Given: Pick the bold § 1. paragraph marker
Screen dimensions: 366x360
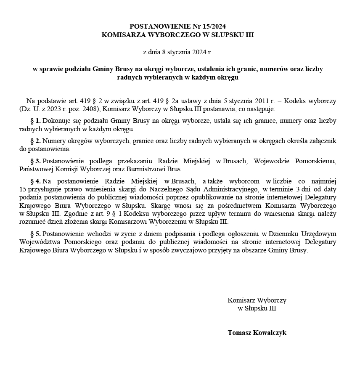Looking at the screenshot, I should [x=35, y=121].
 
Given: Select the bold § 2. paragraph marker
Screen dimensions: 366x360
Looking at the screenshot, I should [x=35, y=141].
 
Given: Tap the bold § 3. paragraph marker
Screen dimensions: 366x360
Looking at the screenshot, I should [x=35, y=161].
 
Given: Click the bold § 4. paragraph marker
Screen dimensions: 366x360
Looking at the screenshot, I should [x=35, y=181].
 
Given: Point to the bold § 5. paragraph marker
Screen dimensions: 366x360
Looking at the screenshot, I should [x=35, y=233].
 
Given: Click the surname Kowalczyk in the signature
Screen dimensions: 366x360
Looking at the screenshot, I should [x=269, y=332].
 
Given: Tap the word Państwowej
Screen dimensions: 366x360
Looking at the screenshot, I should [x=34, y=170].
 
